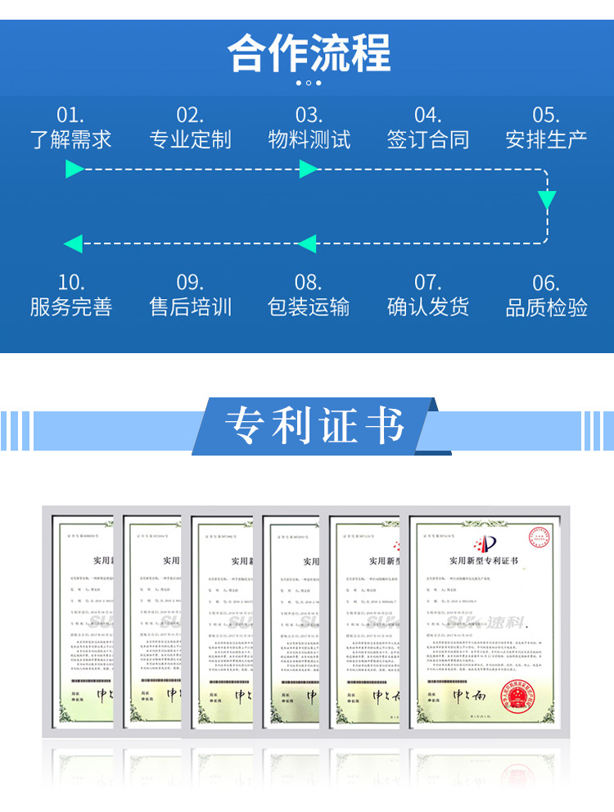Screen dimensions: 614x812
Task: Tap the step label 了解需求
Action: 71,139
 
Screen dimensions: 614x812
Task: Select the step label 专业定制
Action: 190,139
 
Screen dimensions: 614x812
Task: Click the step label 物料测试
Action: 309,139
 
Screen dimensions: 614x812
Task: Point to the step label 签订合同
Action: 427,139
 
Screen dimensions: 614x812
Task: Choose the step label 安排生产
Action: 546,139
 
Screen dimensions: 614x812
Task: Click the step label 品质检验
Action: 546,307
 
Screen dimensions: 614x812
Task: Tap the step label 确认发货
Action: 427,307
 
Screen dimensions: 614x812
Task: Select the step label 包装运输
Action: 309,307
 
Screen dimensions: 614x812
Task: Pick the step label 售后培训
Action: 190,307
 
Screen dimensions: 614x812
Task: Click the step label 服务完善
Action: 71,307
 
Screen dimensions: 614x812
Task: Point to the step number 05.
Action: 546,116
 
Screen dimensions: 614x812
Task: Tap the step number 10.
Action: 71,284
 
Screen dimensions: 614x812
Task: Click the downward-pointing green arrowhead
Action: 546,200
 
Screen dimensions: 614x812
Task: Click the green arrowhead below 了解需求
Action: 74,170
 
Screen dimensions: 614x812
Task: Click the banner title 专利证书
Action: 315,425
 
